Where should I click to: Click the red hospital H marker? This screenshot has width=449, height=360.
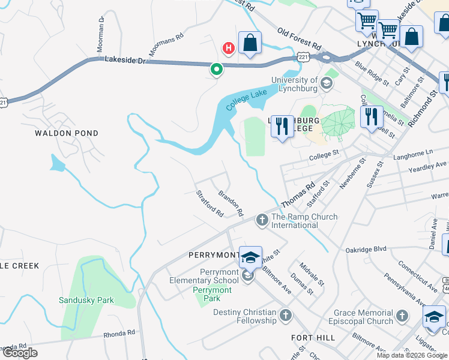click(x=228, y=47)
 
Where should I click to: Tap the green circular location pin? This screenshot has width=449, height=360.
click(x=216, y=70)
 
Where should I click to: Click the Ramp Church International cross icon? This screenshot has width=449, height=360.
click(x=262, y=221)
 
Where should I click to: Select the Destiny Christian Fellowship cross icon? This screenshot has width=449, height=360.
click(x=285, y=316)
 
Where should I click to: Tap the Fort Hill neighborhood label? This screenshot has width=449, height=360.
click(x=313, y=338)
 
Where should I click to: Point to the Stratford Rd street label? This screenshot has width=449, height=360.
click(x=209, y=204)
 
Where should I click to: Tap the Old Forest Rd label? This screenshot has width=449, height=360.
click(x=299, y=39)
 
